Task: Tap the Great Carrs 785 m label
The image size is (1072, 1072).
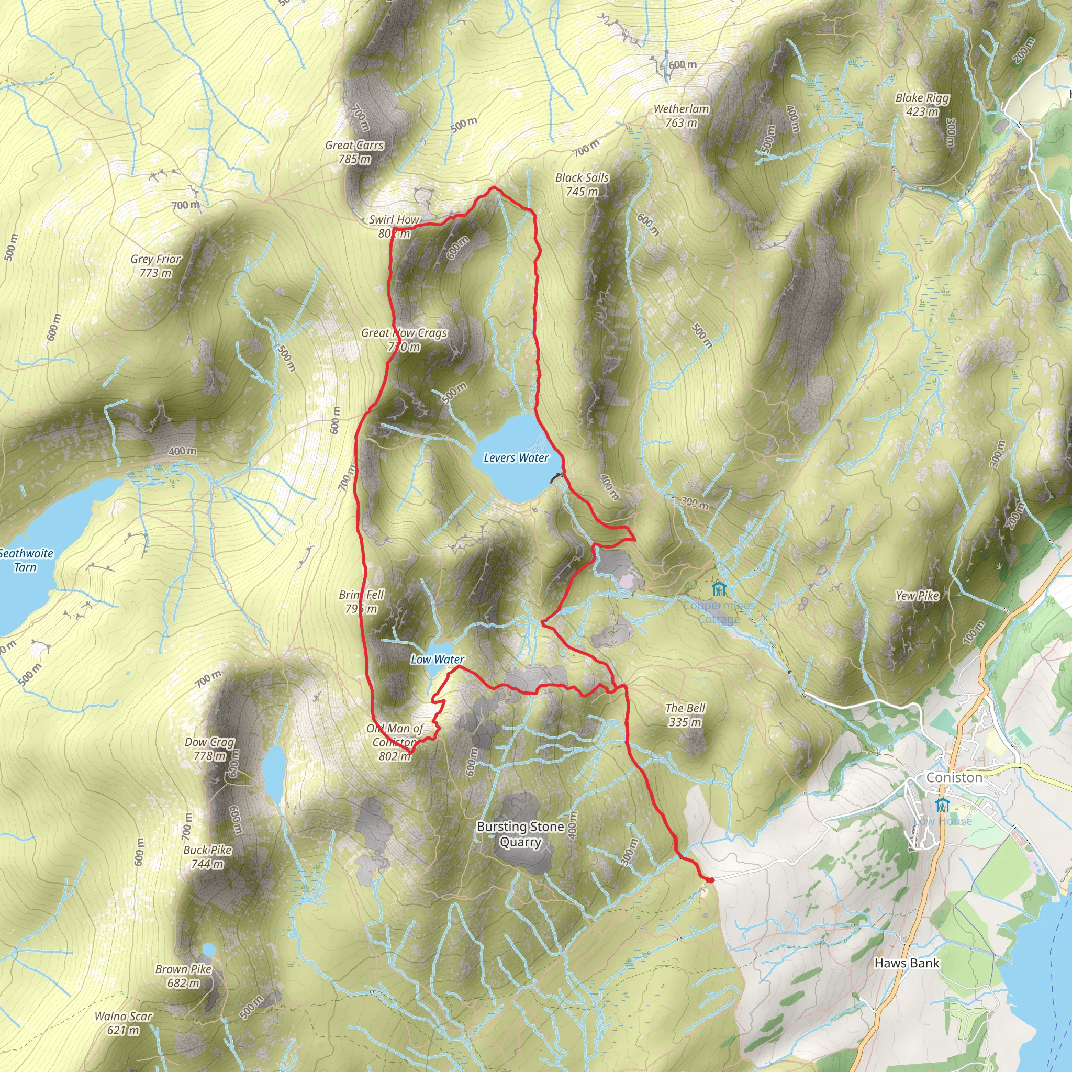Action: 354,152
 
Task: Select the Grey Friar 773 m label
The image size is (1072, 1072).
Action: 156,266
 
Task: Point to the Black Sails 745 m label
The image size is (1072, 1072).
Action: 582,184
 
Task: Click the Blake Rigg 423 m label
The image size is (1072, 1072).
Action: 922,105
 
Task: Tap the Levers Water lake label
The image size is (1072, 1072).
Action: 516,458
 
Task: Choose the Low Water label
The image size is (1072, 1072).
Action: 437,659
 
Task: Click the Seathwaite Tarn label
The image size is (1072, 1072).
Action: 26,560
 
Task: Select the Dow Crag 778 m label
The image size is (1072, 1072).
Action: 210,749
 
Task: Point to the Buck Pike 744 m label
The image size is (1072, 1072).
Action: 207,857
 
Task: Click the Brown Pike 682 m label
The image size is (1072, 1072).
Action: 184,976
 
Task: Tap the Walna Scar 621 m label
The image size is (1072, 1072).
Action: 123,1023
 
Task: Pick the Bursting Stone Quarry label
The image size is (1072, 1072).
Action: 520,834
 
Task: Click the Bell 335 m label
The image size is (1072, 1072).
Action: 685,714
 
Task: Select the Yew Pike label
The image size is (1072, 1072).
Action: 917,595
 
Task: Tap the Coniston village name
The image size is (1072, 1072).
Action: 954,777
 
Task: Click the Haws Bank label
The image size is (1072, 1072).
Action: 907,963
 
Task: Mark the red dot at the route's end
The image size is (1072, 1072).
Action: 710,879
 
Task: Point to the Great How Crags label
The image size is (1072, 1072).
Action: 404,340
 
